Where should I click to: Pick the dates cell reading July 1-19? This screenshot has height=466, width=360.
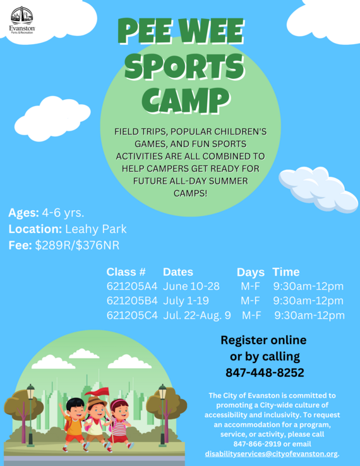point(186,301)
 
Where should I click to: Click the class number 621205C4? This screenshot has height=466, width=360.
point(132,315)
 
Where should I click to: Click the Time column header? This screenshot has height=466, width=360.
point(286,272)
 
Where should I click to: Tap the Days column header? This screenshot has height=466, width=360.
point(251,272)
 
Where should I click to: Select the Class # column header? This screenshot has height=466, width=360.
point(126,272)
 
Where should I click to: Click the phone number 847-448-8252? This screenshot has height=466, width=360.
point(265,373)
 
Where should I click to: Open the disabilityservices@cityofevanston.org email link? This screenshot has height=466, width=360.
point(272,454)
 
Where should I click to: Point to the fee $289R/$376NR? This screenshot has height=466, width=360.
point(77,245)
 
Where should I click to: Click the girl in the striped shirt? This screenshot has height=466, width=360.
point(119,424)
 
